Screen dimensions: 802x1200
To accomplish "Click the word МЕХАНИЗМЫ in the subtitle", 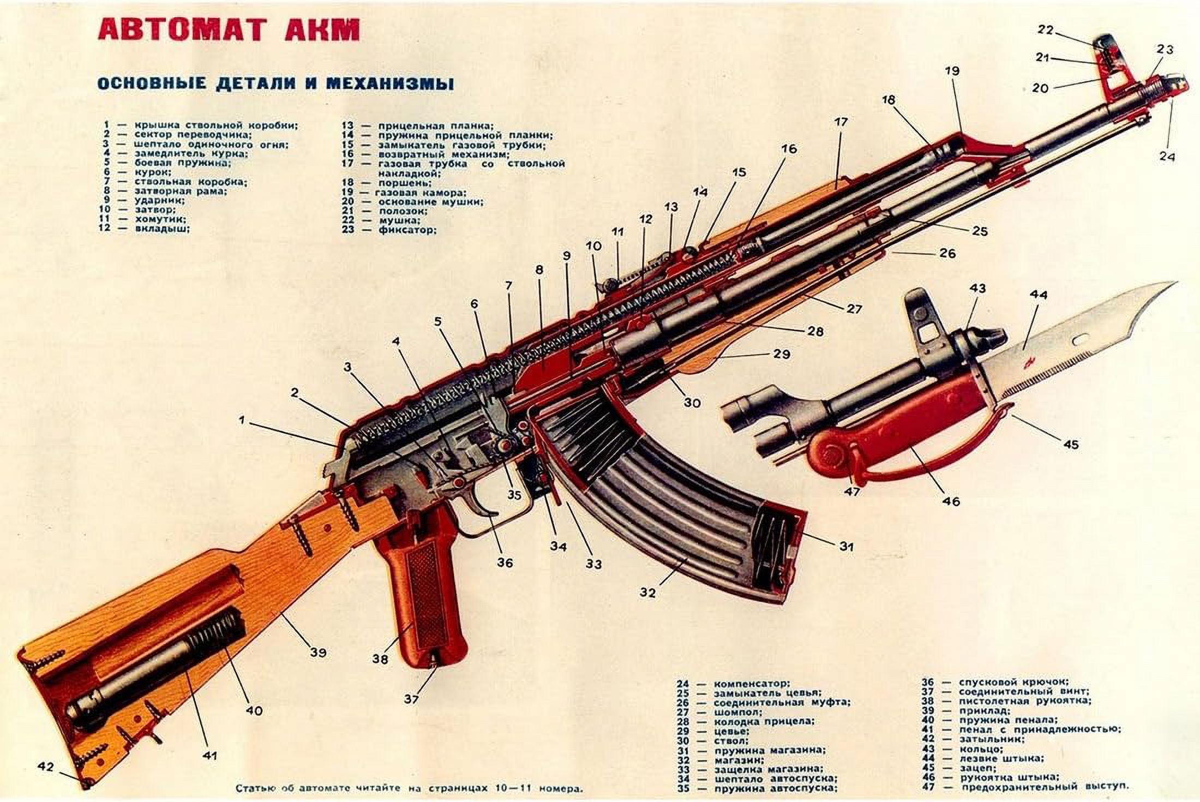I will (x=389, y=83).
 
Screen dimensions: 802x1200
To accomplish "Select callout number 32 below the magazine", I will (x=647, y=591).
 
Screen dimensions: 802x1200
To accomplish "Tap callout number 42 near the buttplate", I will (x=46, y=767).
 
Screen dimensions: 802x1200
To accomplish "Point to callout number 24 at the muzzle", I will (x=1167, y=156).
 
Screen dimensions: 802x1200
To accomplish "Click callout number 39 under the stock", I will (x=318, y=651).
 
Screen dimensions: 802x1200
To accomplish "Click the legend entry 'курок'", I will (x=152, y=172).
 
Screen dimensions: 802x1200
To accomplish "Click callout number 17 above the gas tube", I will (x=841, y=122).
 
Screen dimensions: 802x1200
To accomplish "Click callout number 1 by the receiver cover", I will (x=242, y=420).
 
